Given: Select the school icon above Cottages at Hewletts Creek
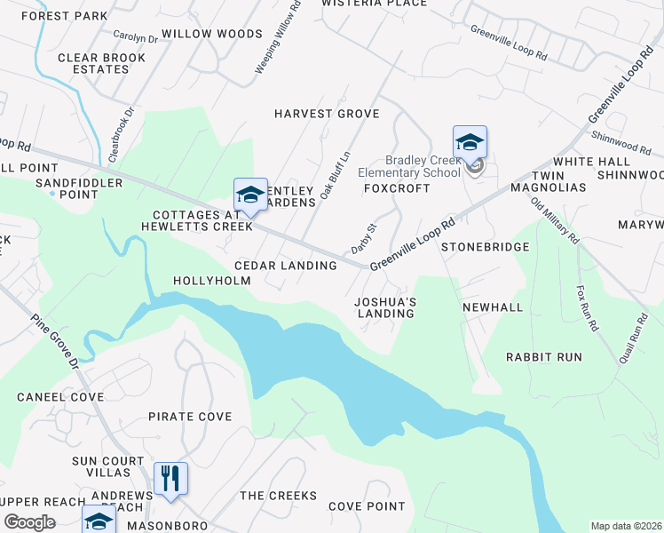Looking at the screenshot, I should (250, 195).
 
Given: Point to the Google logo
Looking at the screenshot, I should (29, 522).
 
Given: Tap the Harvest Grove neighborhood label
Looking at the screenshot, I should (327, 114).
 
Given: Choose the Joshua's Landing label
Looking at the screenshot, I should (385, 307).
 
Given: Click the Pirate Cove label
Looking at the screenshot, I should (190, 417).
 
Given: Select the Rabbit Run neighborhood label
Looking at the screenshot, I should (544, 357).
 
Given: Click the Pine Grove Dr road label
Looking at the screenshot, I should (56, 341).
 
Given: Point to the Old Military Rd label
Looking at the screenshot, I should (555, 222).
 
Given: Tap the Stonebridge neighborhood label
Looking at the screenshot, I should (486, 247).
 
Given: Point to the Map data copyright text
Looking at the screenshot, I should (626, 525).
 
